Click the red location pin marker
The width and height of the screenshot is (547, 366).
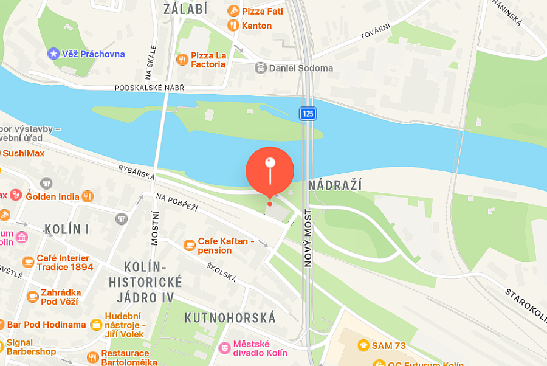270,171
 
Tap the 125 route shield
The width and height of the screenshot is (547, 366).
308,113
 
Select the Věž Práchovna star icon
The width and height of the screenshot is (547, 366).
53,54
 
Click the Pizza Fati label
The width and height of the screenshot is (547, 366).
262,11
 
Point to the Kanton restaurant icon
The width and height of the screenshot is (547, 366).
233,26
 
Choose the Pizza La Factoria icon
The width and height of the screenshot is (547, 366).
182,59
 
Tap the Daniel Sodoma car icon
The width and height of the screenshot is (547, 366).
260,68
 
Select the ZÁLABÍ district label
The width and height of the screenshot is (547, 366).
185,9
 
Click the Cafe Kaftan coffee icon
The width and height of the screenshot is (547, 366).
190,245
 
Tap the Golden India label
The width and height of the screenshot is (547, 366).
52,196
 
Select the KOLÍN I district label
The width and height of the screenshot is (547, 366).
67,229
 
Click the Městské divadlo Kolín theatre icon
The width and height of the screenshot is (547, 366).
224,348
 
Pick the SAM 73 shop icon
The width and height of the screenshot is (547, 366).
364,345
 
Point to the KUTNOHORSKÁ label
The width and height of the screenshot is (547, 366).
230,317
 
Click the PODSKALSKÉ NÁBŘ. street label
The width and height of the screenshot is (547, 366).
149,88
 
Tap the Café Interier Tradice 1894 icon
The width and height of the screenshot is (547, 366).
28,262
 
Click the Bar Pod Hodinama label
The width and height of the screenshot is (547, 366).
47,325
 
